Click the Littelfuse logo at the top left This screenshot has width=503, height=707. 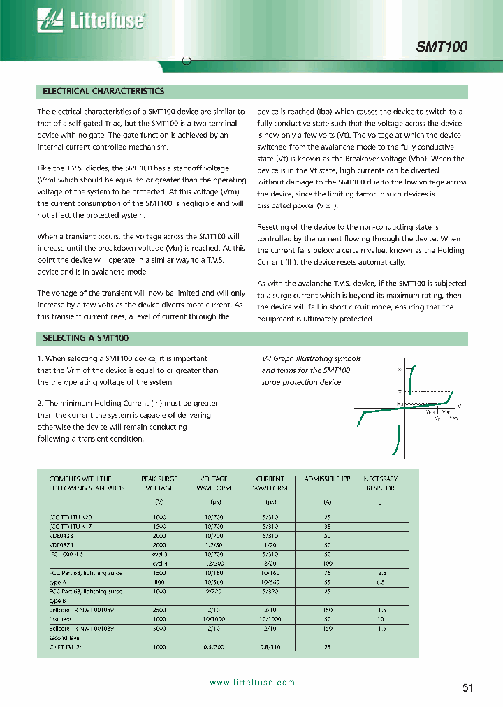[91, 22]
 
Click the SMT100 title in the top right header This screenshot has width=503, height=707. [442, 47]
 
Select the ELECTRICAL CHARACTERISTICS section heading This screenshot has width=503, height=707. [103, 92]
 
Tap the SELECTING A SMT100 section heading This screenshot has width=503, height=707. [86, 337]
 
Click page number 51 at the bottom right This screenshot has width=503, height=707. [467, 687]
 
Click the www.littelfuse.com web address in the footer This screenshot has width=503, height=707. [252, 683]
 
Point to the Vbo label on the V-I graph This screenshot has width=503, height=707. [453, 417]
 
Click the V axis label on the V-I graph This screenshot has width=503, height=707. [459, 405]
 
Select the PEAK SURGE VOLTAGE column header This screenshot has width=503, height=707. [159, 483]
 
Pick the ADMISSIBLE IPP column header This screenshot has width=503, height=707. [327, 479]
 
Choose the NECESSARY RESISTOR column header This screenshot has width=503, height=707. [380, 483]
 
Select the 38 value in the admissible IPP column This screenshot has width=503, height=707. [327, 525]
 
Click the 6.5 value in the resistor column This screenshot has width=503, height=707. [380, 581]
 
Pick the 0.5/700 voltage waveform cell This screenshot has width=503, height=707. [214, 647]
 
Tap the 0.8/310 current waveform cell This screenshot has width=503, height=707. [270, 647]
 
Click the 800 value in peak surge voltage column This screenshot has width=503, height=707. [159, 581]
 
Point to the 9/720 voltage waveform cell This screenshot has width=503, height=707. [214, 591]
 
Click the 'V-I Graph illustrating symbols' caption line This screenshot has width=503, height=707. [311, 359]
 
